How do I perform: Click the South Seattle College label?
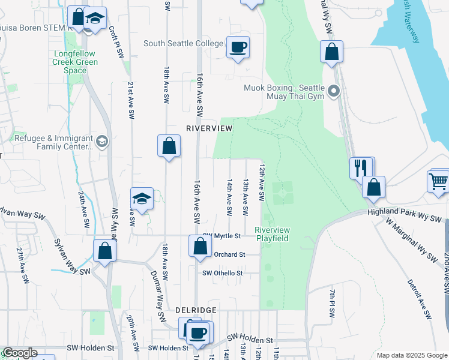point(182,43)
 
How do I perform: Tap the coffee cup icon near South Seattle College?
point(238,46)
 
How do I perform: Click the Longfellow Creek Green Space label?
point(75,61)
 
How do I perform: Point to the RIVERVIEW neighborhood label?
point(208,128)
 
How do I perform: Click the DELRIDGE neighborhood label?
point(195,310)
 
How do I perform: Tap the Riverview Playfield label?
point(273,234)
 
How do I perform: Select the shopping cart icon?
point(439,180)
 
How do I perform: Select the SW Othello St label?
point(222,273)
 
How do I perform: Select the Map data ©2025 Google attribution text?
point(412,355)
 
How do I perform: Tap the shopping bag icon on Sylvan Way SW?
point(104,251)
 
